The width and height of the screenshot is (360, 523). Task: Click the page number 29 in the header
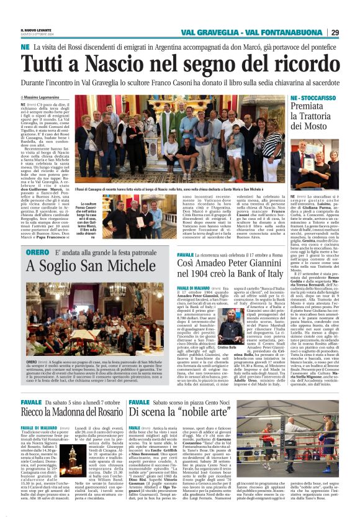[351, 32]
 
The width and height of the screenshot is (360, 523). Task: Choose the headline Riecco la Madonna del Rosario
[71, 412]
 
